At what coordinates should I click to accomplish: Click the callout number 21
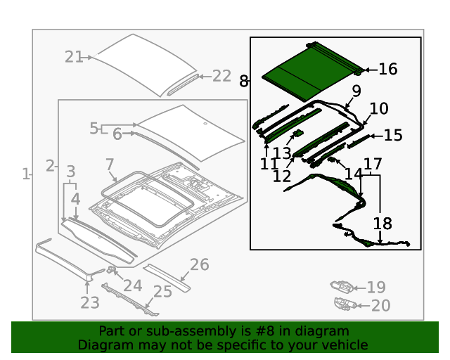click(x=74, y=57)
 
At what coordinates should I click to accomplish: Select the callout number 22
click(x=221, y=76)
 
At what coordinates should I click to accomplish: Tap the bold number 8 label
click(x=243, y=82)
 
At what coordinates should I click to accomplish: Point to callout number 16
click(x=387, y=69)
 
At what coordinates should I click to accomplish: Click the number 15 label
click(x=392, y=135)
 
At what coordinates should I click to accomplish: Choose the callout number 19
click(x=376, y=287)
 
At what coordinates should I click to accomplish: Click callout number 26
click(x=199, y=264)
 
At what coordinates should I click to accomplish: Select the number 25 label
click(x=162, y=291)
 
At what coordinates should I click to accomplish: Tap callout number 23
click(x=89, y=303)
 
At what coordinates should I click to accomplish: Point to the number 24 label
click(x=132, y=285)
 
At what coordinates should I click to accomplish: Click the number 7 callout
click(x=110, y=165)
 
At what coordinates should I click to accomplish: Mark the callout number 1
click(x=26, y=174)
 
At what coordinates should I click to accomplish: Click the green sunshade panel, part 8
click(x=309, y=70)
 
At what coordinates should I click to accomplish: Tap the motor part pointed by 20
click(x=342, y=304)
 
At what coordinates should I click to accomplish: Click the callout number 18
click(x=382, y=224)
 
